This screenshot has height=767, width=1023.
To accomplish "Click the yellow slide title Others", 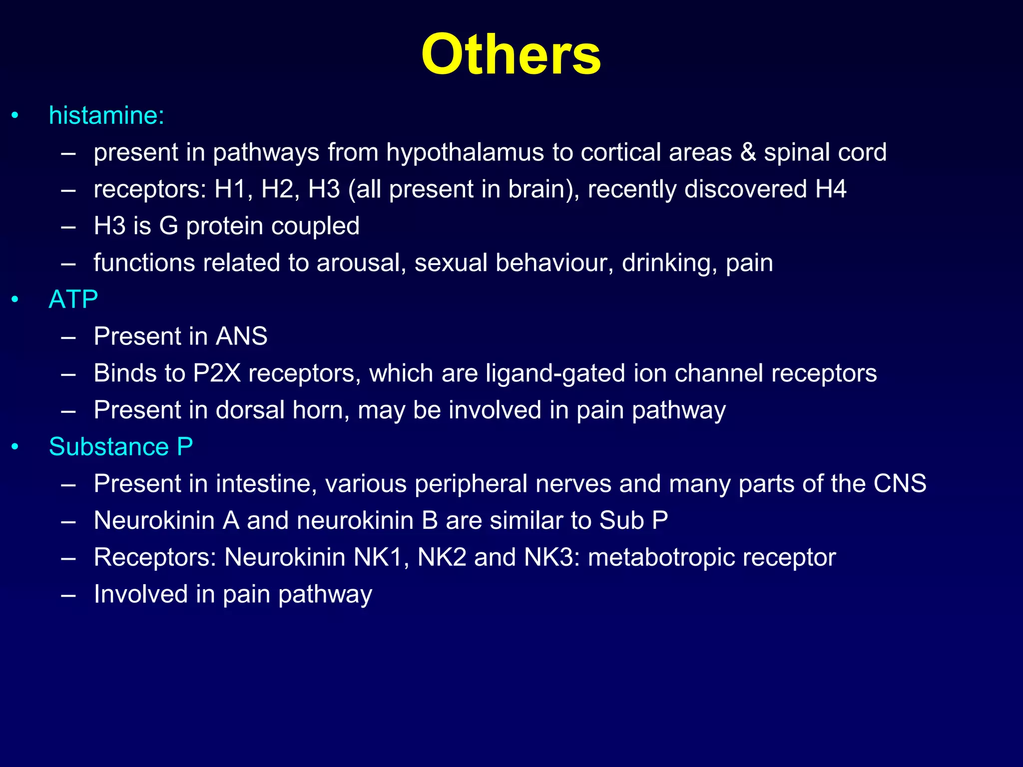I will click(511, 54).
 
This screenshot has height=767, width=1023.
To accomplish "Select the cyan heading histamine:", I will click(106, 115).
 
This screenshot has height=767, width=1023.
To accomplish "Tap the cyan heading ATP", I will click(73, 300).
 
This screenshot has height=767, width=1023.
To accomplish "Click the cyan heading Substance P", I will click(121, 446).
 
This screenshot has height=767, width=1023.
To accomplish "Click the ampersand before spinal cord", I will click(748, 152).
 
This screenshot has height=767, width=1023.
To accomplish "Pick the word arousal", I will click(361, 263).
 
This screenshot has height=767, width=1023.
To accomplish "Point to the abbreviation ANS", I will click(241, 337).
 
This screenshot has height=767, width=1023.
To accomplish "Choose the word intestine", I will click(266, 484).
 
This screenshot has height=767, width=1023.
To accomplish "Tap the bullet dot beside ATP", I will click(15, 300).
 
